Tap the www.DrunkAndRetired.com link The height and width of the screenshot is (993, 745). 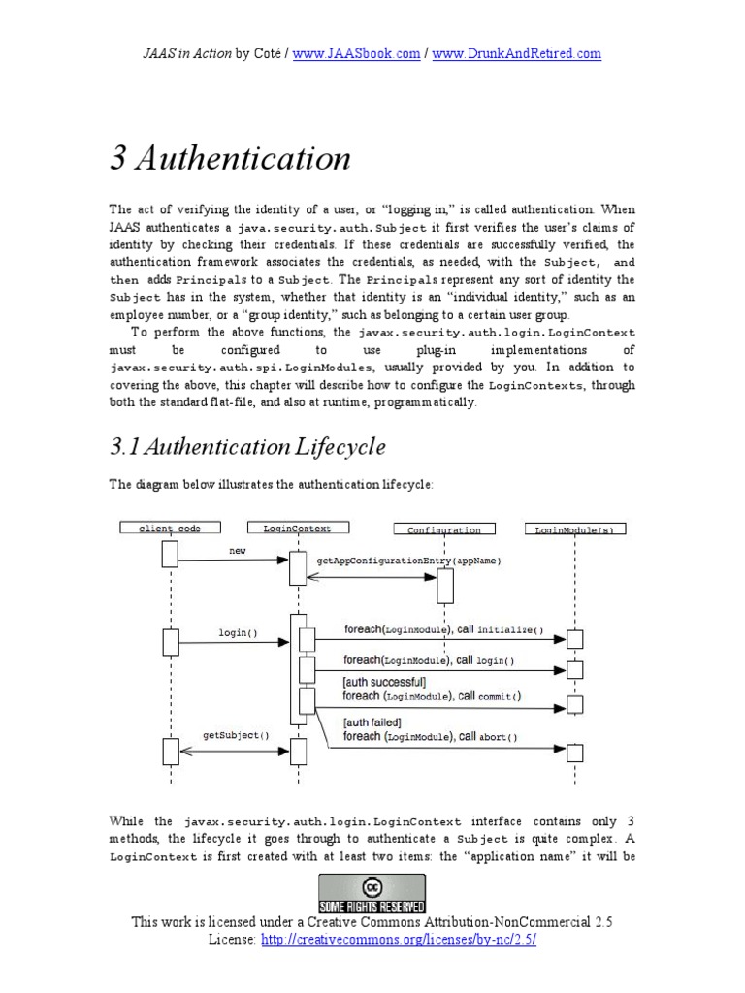[516, 54]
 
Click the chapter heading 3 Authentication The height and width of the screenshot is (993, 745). [230, 158]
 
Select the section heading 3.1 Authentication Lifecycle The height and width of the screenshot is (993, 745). [247, 447]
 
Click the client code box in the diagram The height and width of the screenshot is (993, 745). [170, 529]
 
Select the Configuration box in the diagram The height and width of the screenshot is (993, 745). [444, 529]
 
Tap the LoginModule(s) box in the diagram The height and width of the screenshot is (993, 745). [575, 529]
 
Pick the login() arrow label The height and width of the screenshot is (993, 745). [238, 633]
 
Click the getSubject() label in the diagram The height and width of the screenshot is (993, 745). [235, 735]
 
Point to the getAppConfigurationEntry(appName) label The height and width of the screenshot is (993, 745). [409, 561]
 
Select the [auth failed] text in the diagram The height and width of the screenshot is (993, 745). [373, 722]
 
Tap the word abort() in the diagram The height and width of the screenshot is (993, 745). [498, 737]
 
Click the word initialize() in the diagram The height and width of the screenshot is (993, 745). [510, 629]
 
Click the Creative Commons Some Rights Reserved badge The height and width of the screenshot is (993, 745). [372, 892]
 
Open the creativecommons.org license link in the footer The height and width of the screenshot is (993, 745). [398, 941]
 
